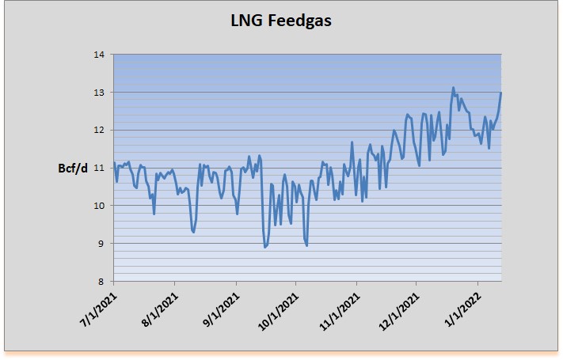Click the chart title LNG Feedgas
[x=281, y=21]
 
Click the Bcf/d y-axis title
[x=74, y=168]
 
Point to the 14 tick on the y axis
[x=100, y=55]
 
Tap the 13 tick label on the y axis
[x=100, y=93]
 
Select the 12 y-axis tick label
[x=100, y=130]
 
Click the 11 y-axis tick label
[x=100, y=168]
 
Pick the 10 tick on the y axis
[x=100, y=206]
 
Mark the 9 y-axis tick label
[x=101, y=243]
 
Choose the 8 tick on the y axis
[x=101, y=281]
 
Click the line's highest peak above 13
[x=454, y=88]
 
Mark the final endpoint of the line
[x=501, y=93]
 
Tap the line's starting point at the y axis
[x=114, y=163]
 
